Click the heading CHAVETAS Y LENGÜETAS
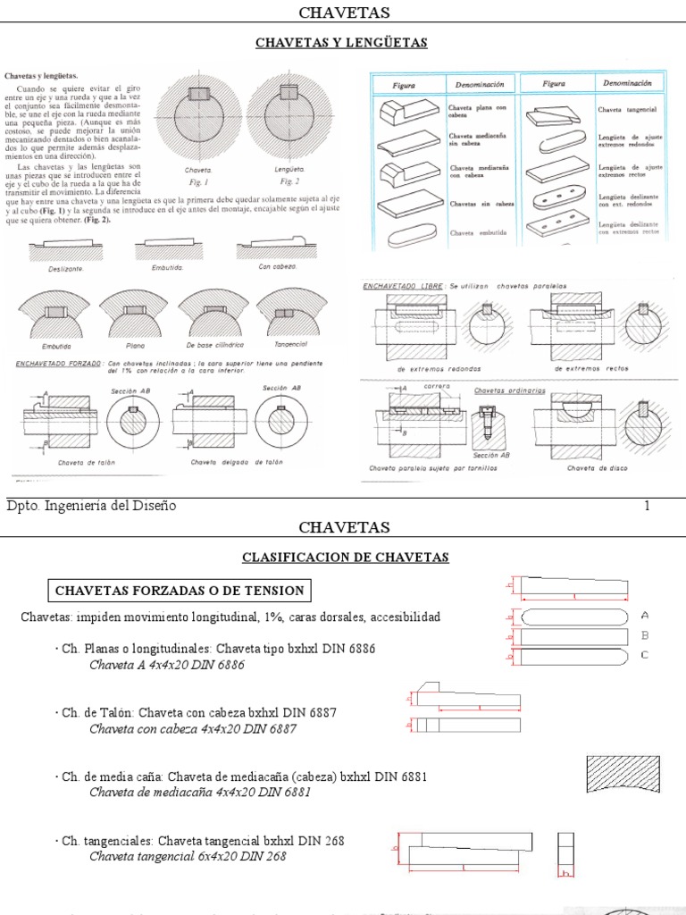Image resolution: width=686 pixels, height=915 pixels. pyautogui.click(x=342, y=43)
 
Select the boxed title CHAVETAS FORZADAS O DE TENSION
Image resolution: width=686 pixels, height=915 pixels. pyautogui.click(x=180, y=591)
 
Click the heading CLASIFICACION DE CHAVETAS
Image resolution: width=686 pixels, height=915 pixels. pyautogui.click(x=345, y=558)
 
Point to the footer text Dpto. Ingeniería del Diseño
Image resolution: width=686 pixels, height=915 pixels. pyautogui.click(x=91, y=507)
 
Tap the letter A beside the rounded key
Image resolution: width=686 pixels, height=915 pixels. pyautogui.click(x=645, y=616)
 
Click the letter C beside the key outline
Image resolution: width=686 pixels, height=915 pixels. pyautogui.click(x=645, y=655)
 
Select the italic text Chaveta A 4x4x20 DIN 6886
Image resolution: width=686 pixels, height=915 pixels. pyautogui.click(x=166, y=665)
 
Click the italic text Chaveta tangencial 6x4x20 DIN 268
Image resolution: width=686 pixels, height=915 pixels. pyautogui.click(x=188, y=856)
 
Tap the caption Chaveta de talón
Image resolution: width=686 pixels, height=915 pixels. pyautogui.click(x=82, y=463)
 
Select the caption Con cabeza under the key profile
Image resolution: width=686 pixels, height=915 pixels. pyautogui.click(x=277, y=266)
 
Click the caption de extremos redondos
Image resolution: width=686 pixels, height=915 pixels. pyautogui.click(x=439, y=368)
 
